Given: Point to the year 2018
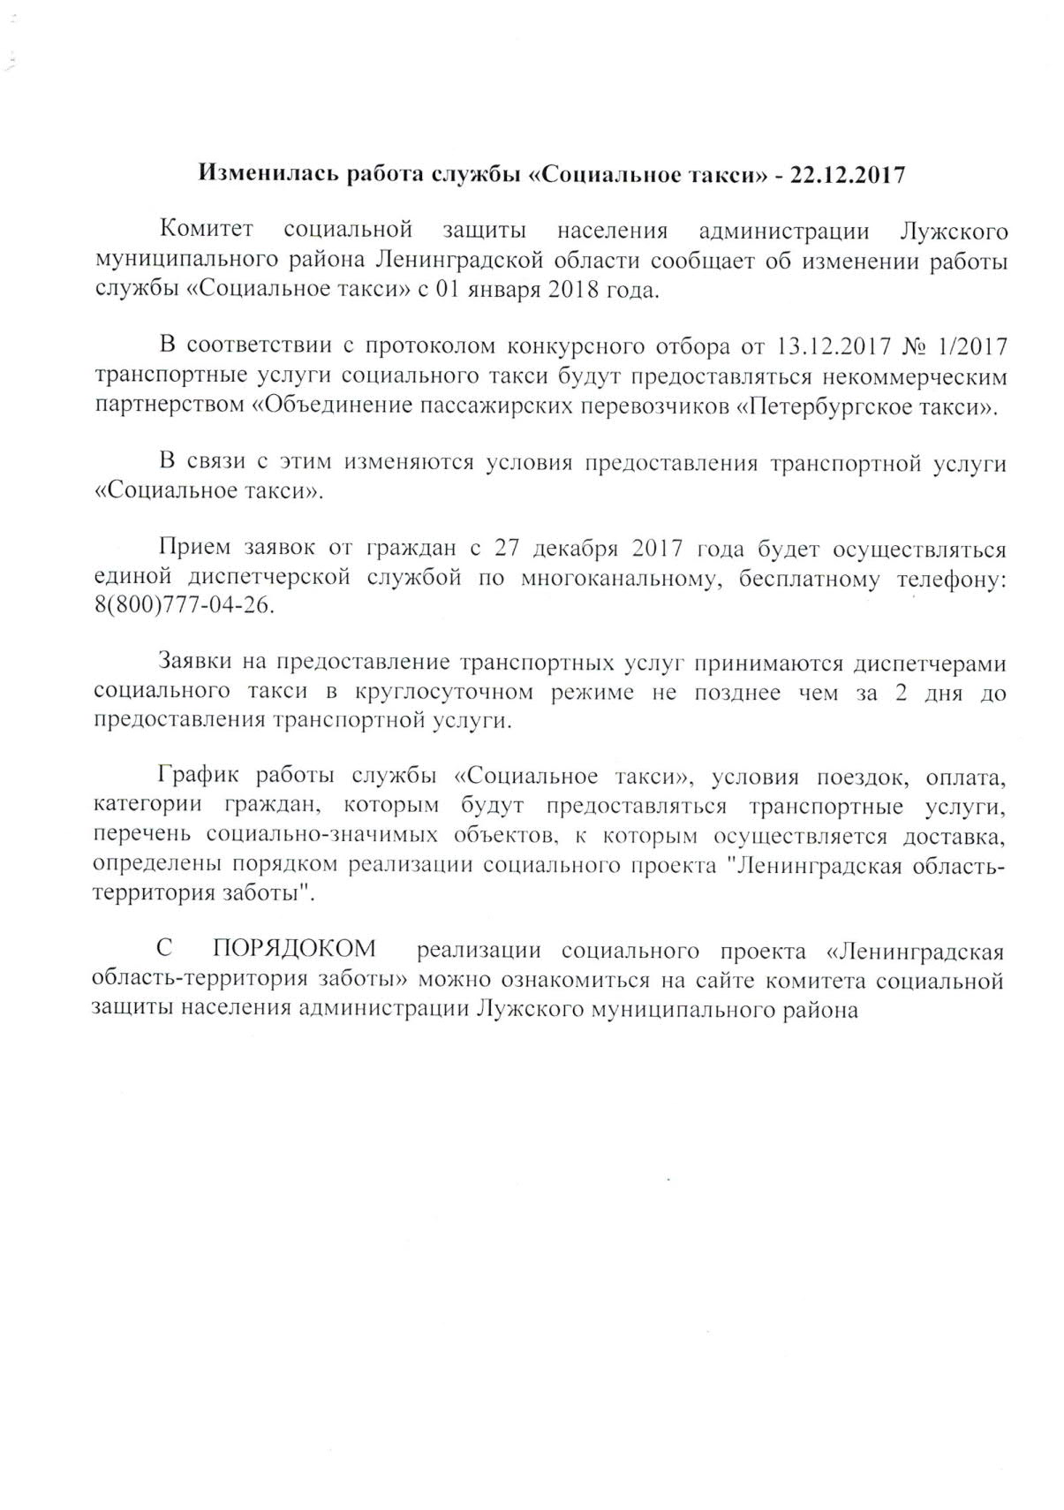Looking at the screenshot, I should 574,290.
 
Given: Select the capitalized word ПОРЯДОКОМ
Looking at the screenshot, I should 294,951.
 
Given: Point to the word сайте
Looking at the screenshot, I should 730,980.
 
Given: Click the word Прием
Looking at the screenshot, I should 192,549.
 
